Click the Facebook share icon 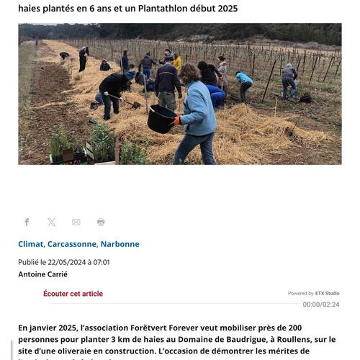coord(27,222)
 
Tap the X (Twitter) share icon coord(52,222)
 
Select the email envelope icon coord(76,222)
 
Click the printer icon coord(101,222)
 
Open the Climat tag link coord(30,244)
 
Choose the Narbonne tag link coord(120,244)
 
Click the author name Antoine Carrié coord(42,274)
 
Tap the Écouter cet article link coord(73,294)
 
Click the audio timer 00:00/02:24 coord(321,305)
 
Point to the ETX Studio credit coord(327,294)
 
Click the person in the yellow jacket coord(177,62)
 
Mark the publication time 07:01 coord(102,262)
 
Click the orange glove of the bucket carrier coord(175,122)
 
